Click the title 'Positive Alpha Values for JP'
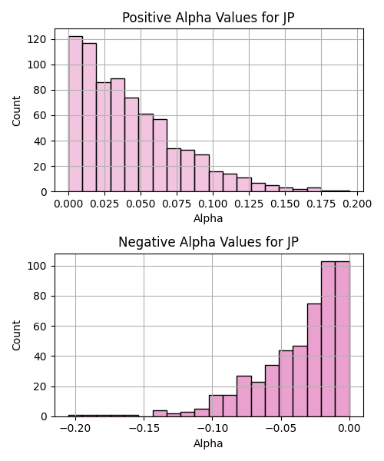pyautogui.click(x=208, y=18)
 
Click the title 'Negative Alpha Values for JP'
pyautogui.click(x=208, y=242)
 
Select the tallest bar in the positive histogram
pyautogui.click(x=75, y=114)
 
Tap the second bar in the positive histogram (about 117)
pyautogui.click(x=90, y=118)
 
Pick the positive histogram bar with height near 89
pyautogui.click(x=118, y=135)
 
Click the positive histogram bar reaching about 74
pyautogui.click(x=132, y=144)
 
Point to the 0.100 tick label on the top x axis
pyautogui.click(x=213, y=204)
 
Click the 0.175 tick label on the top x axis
pyautogui.click(x=321, y=204)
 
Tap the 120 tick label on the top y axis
pyautogui.click(x=37, y=39)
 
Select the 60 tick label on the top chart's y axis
pyautogui.click(x=40, y=115)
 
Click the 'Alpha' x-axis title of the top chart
pyautogui.click(x=208, y=218)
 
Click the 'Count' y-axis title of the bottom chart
pyautogui.click(x=16, y=336)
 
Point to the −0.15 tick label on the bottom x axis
pyautogui.click(x=144, y=429)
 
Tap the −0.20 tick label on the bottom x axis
pyautogui.click(x=75, y=429)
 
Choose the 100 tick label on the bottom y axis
pyautogui.click(x=37, y=266)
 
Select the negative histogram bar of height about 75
pyautogui.click(x=314, y=360)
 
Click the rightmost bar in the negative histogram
pyautogui.click(x=343, y=339)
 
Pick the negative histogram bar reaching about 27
pyautogui.click(x=244, y=396)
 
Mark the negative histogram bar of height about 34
pyautogui.click(x=272, y=391)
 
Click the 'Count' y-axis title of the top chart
pyautogui.click(x=16, y=111)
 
